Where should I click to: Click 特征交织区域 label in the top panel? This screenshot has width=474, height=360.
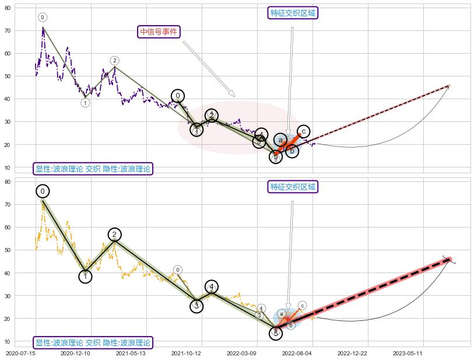tap(294, 13)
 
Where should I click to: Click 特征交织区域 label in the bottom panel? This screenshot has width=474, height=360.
tap(294, 187)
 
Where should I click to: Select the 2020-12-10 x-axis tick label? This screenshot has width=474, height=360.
tap(75, 353)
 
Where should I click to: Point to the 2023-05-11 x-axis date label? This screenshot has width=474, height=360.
tap(408, 353)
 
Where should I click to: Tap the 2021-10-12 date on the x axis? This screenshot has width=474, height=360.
tap(185, 353)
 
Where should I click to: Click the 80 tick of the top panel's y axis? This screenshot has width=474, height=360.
tap(24, 8)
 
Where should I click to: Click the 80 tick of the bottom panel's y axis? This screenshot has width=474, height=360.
tap(24, 181)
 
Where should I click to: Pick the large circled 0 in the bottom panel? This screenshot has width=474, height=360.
tap(42, 191)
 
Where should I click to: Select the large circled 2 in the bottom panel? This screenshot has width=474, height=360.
tap(114, 235)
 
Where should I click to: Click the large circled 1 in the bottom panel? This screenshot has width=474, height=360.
tap(85, 276)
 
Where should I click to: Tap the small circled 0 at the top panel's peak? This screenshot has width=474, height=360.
tap(43, 18)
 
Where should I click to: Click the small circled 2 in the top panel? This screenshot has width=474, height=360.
tap(115, 61)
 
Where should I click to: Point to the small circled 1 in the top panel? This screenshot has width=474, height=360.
tap(85, 103)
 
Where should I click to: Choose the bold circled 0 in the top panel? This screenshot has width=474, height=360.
tap(178, 96)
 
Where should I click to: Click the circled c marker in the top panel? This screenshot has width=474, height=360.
tap(303, 131)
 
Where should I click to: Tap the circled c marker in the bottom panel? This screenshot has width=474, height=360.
tap(302, 305)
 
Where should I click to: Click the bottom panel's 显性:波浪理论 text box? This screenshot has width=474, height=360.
tap(93, 342)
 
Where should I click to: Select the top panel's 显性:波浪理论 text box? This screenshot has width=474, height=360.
tap(93, 169)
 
